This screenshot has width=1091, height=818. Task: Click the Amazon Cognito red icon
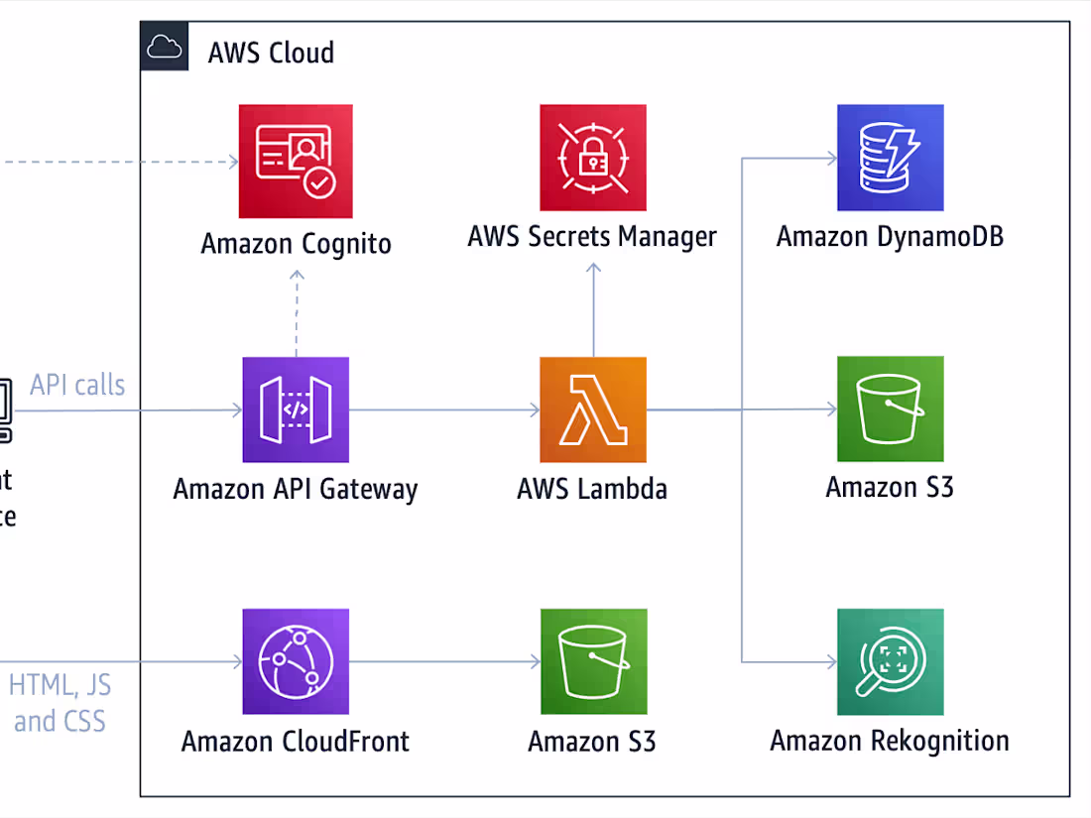point(296,162)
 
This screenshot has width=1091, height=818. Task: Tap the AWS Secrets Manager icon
point(593,158)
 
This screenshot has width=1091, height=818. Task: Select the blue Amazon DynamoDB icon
point(890,158)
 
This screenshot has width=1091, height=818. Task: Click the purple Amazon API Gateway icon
point(296,409)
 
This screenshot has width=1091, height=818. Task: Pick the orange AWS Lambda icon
point(593,409)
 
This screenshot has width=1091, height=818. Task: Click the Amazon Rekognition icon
point(890,661)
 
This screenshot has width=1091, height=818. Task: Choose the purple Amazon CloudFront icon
point(296,661)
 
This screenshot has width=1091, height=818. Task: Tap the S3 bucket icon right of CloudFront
point(593,661)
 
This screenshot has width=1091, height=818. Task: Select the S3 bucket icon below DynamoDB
point(890,409)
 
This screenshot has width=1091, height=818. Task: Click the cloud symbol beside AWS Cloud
point(165,48)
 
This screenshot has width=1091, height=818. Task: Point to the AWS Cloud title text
point(271,53)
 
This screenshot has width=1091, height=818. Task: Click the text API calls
point(77,385)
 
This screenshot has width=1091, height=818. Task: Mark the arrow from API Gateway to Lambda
point(444,409)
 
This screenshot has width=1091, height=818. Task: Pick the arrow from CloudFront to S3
point(444,661)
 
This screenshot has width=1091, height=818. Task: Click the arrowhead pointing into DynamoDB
point(831,158)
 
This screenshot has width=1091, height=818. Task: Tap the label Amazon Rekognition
point(890,741)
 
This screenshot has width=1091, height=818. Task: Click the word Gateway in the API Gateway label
point(369,490)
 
